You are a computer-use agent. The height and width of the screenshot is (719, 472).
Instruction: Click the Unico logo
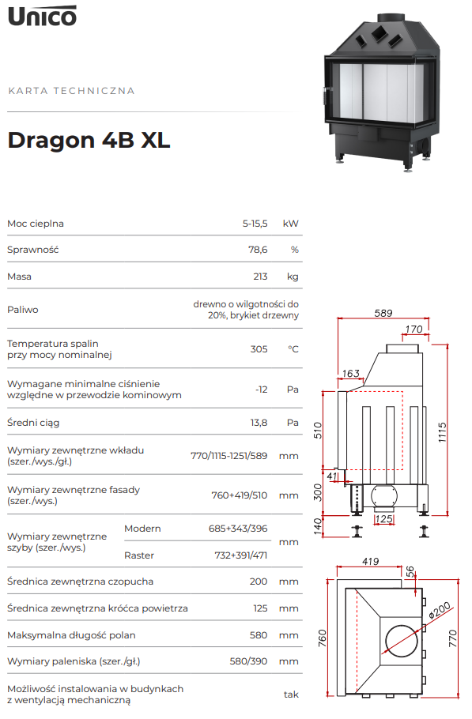pyautogui.click(x=42, y=16)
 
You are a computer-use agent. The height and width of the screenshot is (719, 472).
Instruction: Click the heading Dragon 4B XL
pyautogui.click(x=89, y=140)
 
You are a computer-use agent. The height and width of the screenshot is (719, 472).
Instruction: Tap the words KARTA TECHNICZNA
pyautogui.click(x=72, y=91)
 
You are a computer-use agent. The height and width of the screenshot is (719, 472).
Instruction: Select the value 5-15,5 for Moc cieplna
pyautogui.click(x=255, y=224)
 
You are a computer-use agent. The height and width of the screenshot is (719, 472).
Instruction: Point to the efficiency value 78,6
pyautogui.click(x=258, y=250)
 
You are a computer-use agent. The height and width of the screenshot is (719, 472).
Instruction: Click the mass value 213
pyautogui.click(x=261, y=277)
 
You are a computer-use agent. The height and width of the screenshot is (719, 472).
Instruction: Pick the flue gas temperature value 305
pyautogui.click(x=259, y=349)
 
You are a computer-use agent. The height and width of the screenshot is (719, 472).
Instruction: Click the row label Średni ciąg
pyautogui.click(x=33, y=423)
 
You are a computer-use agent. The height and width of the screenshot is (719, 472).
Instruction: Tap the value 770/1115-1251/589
pyautogui.click(x=229, y=456)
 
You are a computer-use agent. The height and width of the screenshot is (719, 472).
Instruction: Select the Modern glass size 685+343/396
pyautogui.click(x=238, y=529)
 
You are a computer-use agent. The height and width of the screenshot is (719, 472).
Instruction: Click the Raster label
pyautogui.click(x=139, y=555)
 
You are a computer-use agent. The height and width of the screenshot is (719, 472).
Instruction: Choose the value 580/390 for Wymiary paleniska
pyautogui.click(x=248, y=661)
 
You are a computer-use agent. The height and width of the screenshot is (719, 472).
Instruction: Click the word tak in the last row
pyautogui.click(x=291, y=695)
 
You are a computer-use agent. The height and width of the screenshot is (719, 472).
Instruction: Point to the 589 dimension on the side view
pyautogui.click(x=383, y=313)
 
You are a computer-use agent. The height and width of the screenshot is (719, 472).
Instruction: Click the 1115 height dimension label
pyautogui.click(x=442, y=432)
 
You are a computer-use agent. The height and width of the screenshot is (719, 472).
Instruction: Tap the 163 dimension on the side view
pyautogui.click(x=351, y=373)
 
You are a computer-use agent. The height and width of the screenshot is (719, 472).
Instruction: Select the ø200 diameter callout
pyautogui.click(x=440, y=611)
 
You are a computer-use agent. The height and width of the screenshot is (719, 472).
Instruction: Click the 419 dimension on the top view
pyautogui.click(x=371, y=561)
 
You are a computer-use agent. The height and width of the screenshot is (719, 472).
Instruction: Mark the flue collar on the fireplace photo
pyautogui.click(x=391, y=18)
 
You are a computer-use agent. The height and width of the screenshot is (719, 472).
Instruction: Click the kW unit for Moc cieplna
pyautogui.click(x=291, y=224)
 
